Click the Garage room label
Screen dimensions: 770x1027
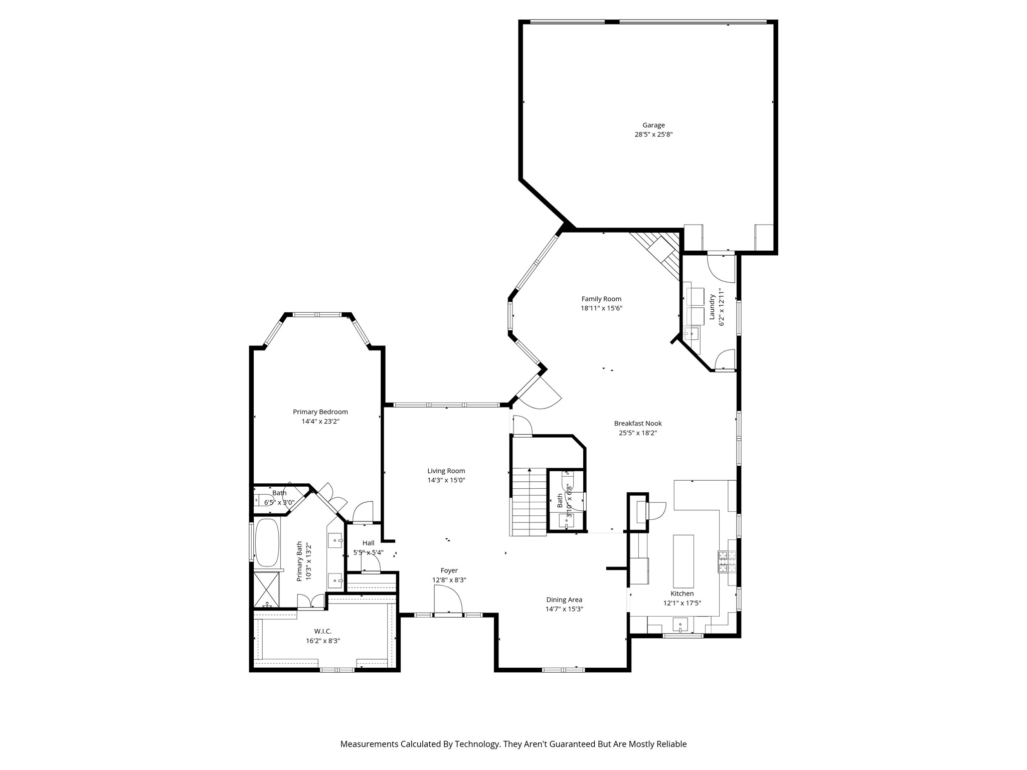pos(653,125)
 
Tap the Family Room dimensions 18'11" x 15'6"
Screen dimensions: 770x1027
pos(601,308)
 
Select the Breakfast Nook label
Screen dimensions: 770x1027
pos(637,424)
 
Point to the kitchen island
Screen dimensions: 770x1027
pos(683,561)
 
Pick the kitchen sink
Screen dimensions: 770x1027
pos(679,626)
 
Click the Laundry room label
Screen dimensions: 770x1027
pos(712,307)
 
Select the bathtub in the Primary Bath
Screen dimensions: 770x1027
pos(267,543)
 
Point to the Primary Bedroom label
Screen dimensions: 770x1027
pos(320,412)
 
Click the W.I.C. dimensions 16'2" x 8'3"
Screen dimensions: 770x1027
pos(323,641)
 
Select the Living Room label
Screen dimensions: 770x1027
pos(446,471)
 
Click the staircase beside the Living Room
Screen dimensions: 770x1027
pos(529,501)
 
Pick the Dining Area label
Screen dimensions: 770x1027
pos(564,600)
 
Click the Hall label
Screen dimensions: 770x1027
pos(368,543)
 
